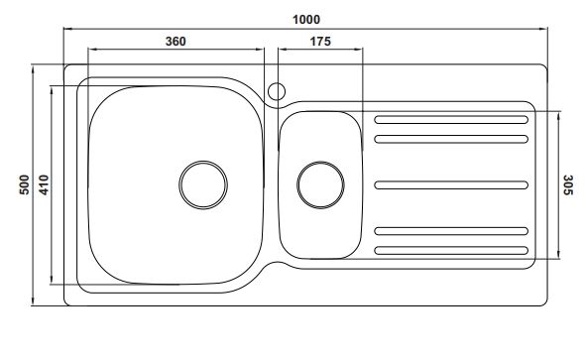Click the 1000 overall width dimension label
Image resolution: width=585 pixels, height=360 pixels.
click(x=306, y=20)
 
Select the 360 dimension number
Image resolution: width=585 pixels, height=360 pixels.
click(x=175, y=41)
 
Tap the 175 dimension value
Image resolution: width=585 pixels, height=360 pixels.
click(x=320, y=41)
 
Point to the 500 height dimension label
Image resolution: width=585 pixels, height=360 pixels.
click(x=24, y=184)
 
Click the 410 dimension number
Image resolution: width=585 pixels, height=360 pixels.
click(x=44, y=184)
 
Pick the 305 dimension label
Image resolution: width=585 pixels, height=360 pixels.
click(x=568, y=184)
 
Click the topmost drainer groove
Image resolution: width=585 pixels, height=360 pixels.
click(x=451, y=120)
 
